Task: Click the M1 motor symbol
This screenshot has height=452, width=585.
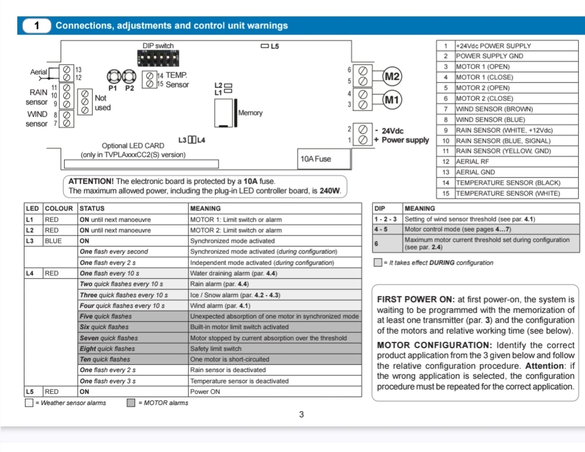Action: pos(393,100)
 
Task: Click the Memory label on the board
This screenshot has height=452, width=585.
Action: pos(250,113)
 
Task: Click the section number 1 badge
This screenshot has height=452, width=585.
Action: pos(37,26)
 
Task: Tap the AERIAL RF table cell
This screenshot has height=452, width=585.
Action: pos(507,162)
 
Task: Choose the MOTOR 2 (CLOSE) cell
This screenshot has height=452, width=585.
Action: pos(507,98)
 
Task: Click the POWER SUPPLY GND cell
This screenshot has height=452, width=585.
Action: pos(507,56)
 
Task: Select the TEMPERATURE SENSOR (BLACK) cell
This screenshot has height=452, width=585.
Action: pos(507,183)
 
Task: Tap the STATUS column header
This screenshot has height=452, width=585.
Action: pos(133,209)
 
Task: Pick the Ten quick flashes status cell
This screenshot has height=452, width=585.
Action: pos(133,359)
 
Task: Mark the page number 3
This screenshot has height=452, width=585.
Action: pos(301,414)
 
